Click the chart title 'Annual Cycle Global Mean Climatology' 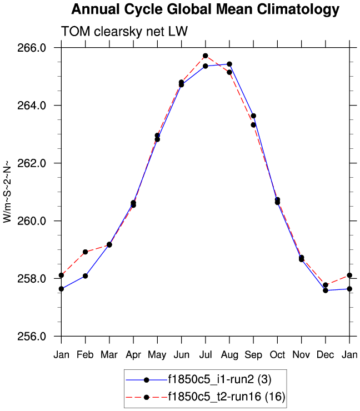point(205,9)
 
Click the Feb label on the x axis point(85,354)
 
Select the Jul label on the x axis point(205,354)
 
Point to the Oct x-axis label point(277,354)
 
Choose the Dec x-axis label point(325,354)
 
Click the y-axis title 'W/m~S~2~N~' point(7,192)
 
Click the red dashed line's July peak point point(206,56)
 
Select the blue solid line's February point point(85,276)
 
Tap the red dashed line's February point point(85,252)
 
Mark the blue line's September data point point(253,116)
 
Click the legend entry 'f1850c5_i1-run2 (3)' point(219,380)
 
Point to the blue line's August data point point(229,64)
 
